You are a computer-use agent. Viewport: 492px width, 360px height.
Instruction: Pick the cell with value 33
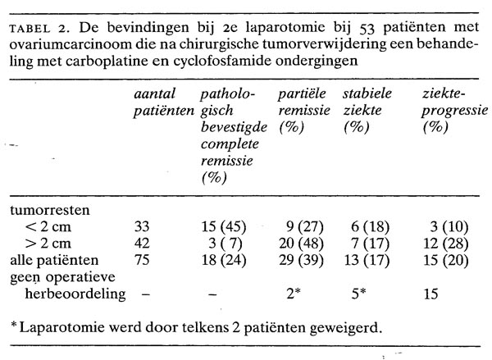click(x=142, y=227)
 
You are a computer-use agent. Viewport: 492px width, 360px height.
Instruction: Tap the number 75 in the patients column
click(x=142, y=261)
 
